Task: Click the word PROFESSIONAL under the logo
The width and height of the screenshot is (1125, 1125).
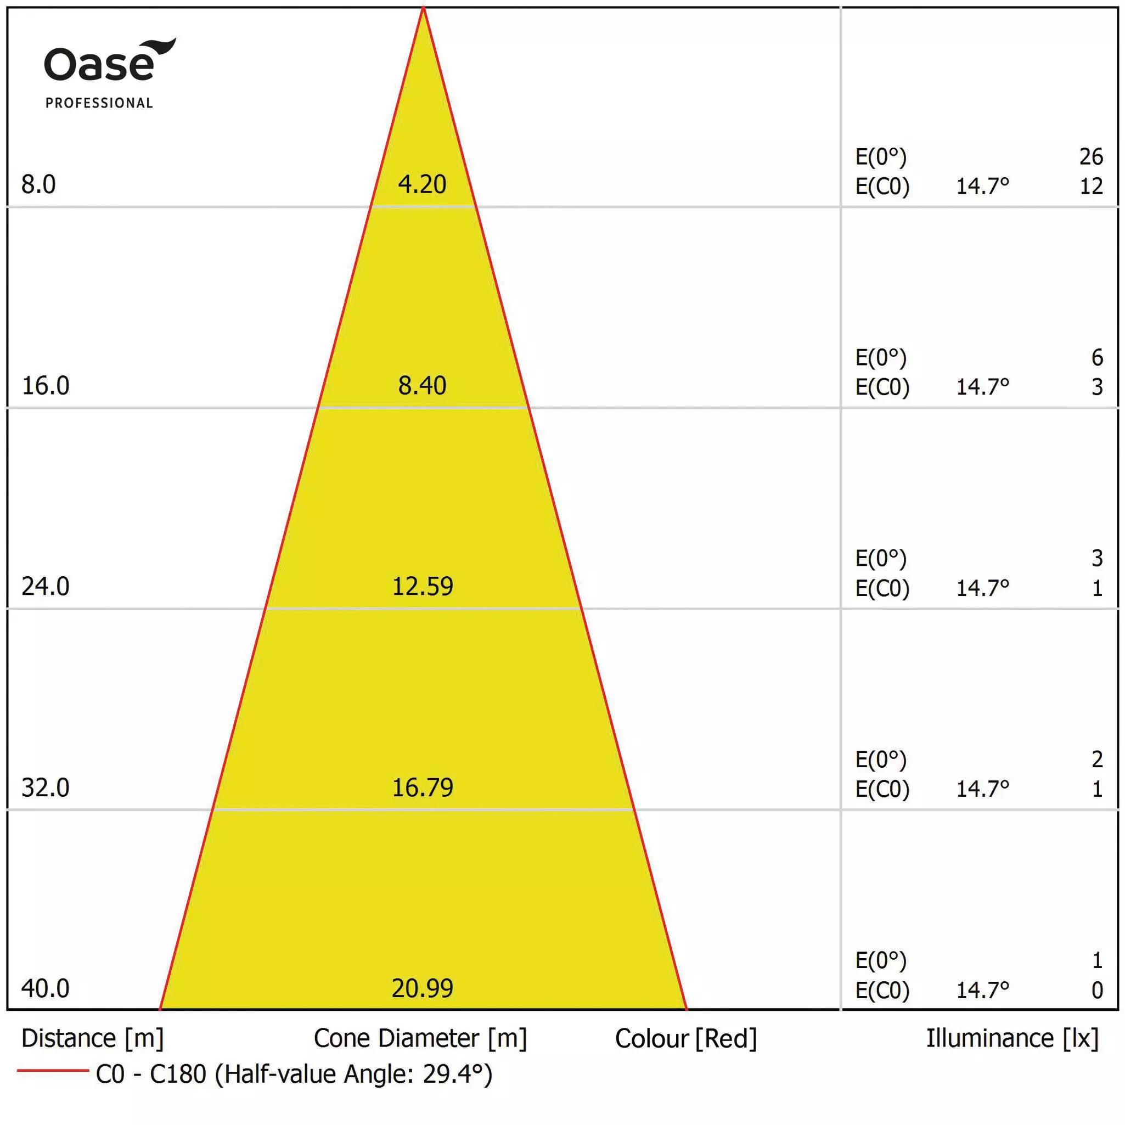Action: (x=99, y=103)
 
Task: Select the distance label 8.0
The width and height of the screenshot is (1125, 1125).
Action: (x=38, y=184)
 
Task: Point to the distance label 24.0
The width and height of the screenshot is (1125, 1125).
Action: (x=46, y=587)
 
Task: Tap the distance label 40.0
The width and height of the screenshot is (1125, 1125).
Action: (x=46, y=988)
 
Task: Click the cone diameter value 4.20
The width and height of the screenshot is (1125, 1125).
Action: (x=422, y=184)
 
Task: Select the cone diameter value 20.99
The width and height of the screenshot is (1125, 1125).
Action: (x=422, y=988)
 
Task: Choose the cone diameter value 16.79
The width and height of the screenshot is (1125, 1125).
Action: (x=422, y=788)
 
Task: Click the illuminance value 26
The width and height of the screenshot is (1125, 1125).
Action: (x=1091, y=156)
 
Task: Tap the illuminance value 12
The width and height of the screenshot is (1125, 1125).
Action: (x=1091, y=187)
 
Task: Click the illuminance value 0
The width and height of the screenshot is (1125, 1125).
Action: (x=1097, y=990)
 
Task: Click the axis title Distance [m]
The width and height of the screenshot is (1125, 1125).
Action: (x=93, y=1039)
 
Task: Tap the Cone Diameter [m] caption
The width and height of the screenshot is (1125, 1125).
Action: (x=420, y=1039)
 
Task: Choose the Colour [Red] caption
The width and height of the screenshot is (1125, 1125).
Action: (x=686, y=1039)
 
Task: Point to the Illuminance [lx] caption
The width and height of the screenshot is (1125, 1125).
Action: (x=1013, y=1039)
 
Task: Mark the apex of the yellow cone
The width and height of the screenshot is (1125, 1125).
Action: (x=423, y=7)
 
